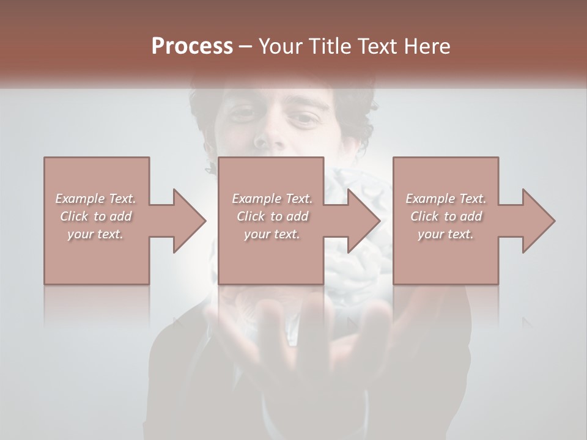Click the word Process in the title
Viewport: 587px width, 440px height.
coord(192,46)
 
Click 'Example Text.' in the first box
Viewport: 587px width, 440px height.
coord(96,199)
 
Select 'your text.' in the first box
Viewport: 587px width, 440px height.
coord(96,234)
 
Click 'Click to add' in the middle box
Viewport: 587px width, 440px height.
coord(272,216)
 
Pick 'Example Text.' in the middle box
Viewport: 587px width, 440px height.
coord(272,199)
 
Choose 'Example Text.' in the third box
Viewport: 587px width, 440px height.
coord(446,199)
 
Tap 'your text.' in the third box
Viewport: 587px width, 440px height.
coord(446,234)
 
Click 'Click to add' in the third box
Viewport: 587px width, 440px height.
coord(446,216)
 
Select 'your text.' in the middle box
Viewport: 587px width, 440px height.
coord(272,234)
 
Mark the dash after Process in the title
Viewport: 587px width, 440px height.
coord(246,47)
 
